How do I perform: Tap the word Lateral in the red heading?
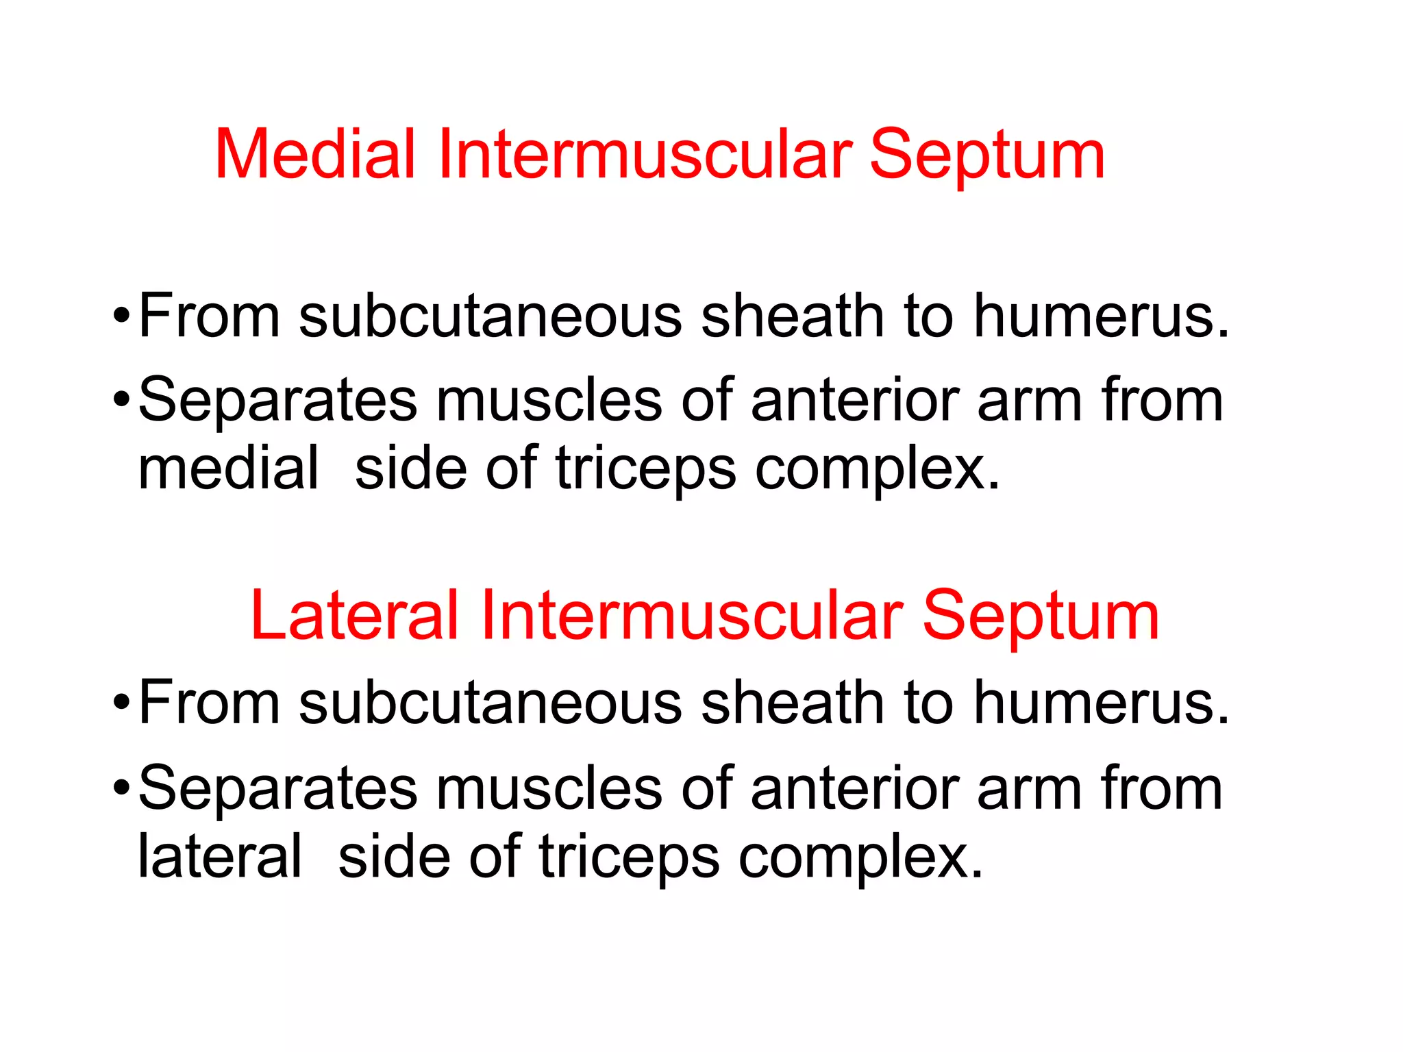tap(353, 616)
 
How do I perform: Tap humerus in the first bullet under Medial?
tap(1101, 316)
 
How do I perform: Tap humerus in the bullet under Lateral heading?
tap(1101, 703)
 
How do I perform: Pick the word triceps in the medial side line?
tap(645, 470)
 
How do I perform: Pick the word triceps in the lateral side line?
tap(629, 857)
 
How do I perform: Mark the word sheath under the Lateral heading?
tap(792, 703)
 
